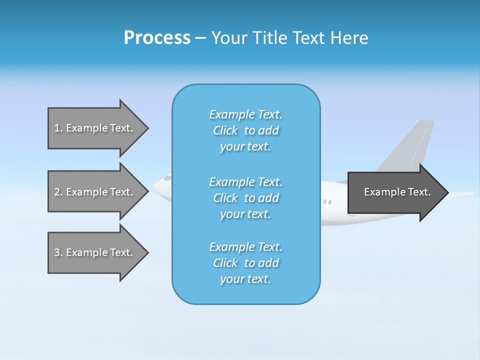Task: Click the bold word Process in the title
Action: pos(157,38)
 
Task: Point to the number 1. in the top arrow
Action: pos(58,128)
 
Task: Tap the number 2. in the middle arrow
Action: pos(58,192)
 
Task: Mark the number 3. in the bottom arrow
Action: pos(58,252)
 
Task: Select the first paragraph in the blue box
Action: pos(245,130)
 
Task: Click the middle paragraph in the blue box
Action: pos(245,198)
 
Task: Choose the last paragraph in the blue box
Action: pos(245,263)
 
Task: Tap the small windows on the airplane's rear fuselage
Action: pos(327,201)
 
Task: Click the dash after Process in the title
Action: pos(201,38)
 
